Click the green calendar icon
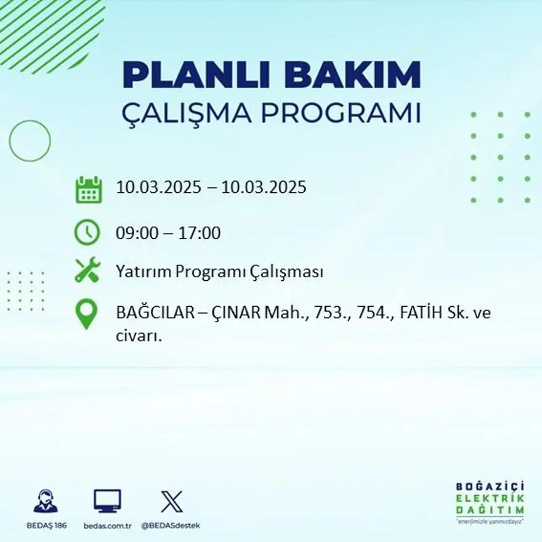[87, 190]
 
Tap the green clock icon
[87, 233]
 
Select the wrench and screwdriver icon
[87, 271]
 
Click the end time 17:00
[200, 233]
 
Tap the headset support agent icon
[46, 501]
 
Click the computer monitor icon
[107, 501]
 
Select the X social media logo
[171, 501]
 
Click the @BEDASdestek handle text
[171, 525]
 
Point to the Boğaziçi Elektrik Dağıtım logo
[490, 501]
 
